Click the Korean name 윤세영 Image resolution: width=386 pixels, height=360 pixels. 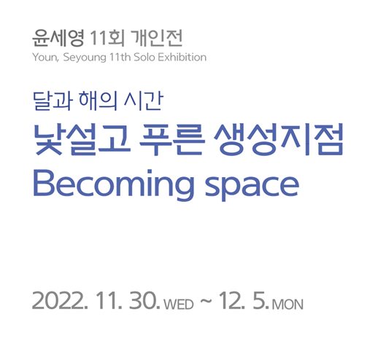[x=58, y=38]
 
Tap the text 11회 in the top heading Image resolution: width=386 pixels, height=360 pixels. [x=107, y=38]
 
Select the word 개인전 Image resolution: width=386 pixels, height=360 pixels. [x=156, y=38]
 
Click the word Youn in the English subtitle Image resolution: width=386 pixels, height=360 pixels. [x=45, y=58]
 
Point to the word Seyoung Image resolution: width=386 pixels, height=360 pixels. [x=85, y=58]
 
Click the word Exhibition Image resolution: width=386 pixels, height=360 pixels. [x=182, y=57]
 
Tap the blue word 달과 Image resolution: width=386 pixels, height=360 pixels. [x=53, y=101]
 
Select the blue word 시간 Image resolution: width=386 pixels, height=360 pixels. [x=143, y=101]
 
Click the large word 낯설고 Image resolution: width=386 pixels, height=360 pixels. [x=82, y=139]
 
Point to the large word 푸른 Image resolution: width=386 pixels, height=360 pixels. [x=171, y=139]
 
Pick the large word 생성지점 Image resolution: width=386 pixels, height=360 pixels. [x=279, y=139]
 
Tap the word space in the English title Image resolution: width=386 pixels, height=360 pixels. [x=252, y=187]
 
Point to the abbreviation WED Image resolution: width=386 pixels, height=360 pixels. [x=179, y=305]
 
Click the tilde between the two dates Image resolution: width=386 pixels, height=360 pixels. [x=206, y=301]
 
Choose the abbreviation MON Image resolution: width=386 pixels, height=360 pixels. [x=287, y=305]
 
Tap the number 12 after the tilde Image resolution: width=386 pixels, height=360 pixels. [x=231, y=300]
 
